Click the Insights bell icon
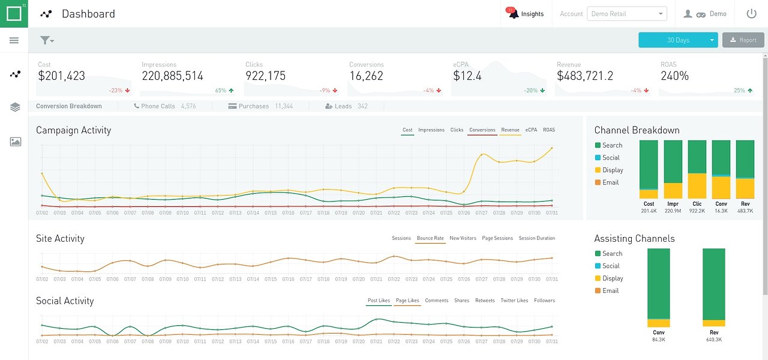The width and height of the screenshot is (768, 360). tap(513, 14)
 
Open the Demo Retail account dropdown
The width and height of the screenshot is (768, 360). tap(627, 14)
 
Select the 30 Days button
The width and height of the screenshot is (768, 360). tap(678, 40)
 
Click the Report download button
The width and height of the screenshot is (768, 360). tap(743, 40)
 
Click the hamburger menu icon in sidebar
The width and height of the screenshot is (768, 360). tap(14, 40)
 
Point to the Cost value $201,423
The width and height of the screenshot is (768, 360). tap(62, 76)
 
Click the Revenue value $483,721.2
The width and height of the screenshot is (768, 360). tap(585, 76)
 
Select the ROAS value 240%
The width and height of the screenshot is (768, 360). tap(674, 76)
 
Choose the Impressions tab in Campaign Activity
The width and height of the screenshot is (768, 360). tap(431, 130)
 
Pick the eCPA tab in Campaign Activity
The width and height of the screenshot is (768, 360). tap(531, 130)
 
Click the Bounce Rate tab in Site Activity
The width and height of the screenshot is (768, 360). tap(430, 238)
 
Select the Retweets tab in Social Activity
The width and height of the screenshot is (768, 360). tap(485, 301)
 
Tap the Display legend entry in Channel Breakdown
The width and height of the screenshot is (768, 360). tap(613, 170)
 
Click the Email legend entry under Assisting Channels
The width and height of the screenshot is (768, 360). tap(610, 290)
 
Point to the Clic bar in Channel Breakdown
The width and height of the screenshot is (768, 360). tap(697, 170)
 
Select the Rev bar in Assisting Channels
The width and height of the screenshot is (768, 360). tap(714, 287)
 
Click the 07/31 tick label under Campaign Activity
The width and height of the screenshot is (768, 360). tap(552, 213)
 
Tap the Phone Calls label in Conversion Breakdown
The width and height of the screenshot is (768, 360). tap(158, 106)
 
